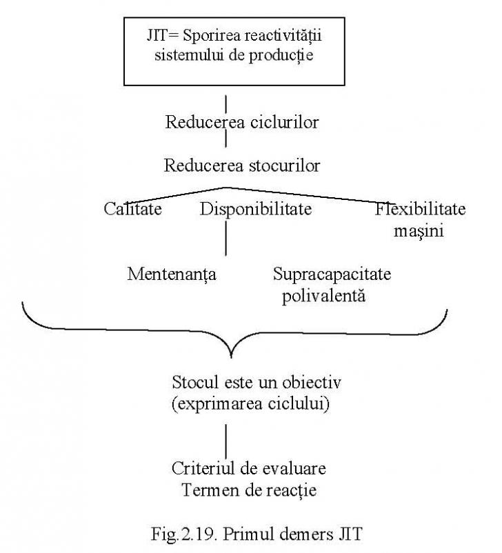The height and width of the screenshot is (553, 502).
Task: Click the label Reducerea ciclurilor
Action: (x=242, y=122)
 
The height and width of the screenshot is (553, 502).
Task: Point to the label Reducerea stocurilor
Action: (x=242, y=165)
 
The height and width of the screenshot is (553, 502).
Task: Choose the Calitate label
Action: (x=132, y=209)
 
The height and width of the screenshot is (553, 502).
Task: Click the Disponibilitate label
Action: (x=256, y=209)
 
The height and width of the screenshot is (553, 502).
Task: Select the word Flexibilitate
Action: (x=420, y=209)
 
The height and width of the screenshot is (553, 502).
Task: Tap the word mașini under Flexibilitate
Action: (x=419, y=232)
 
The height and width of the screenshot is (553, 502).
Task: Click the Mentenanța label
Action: (x=172, y=274)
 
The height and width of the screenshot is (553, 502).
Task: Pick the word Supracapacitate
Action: (x=332, y=274)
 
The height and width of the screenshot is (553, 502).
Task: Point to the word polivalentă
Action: (x=323, y=296)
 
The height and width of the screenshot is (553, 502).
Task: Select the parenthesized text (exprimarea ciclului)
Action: (x=250, y=403)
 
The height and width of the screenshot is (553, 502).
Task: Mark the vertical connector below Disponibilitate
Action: (x=225, y=238)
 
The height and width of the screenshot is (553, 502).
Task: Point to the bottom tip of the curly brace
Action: (x=231, y=358)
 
